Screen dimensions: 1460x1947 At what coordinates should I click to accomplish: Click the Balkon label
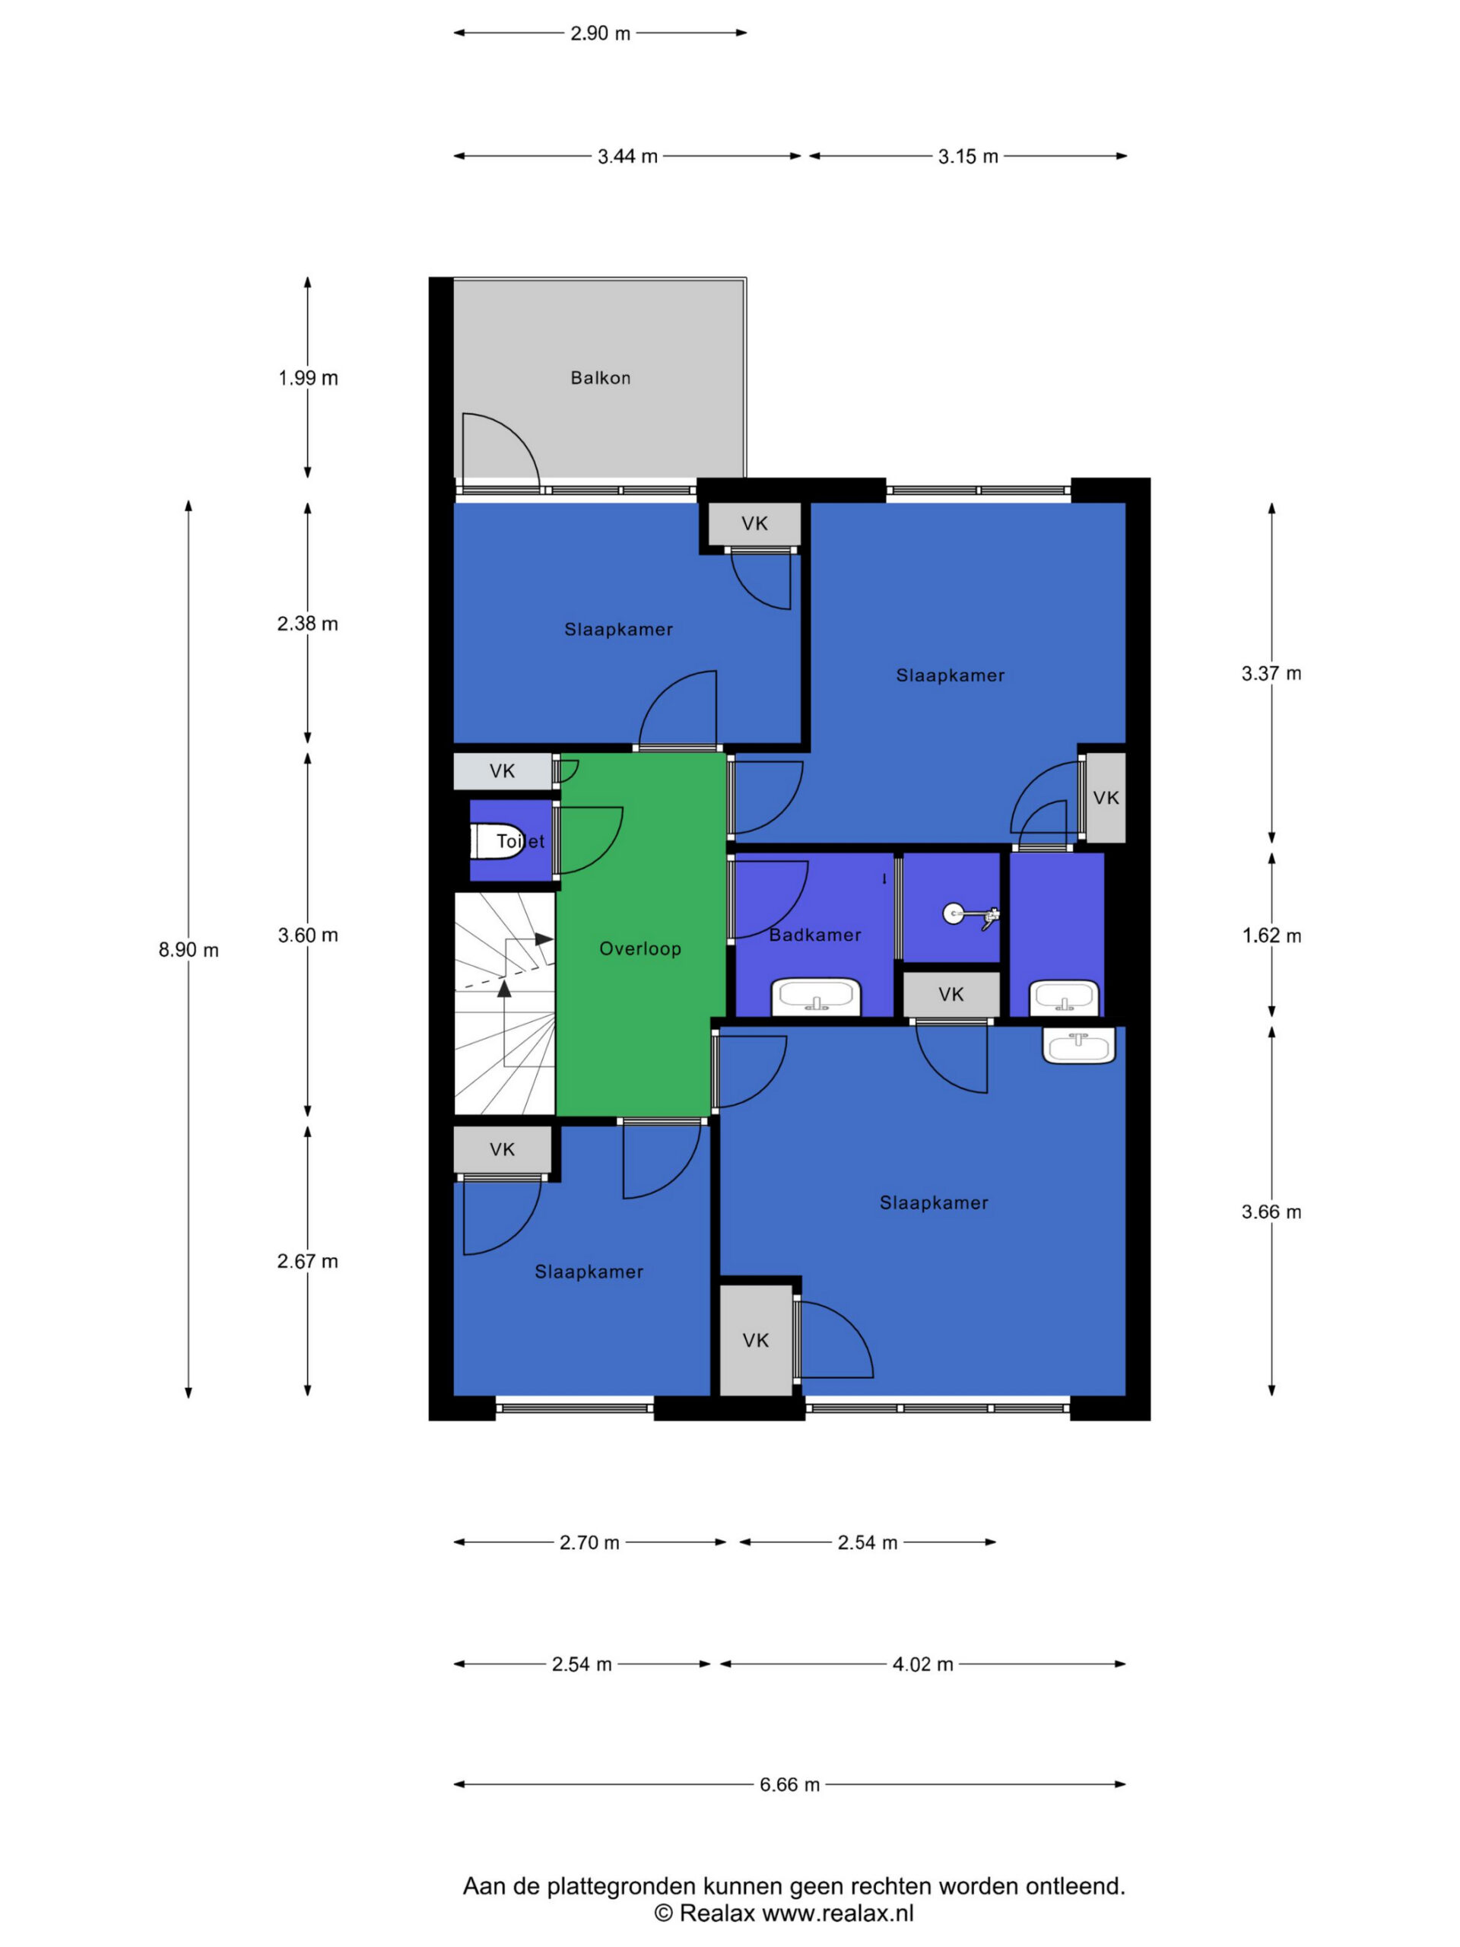[x=600, y=377]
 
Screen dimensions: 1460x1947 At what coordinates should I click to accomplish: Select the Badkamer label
[x=815, y=935]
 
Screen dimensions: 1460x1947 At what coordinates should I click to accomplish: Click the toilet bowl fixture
[x=498, y=840]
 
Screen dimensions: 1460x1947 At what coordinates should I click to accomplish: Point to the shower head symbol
[x=972, y=916]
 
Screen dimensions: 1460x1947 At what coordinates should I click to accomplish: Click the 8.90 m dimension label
[x=189, y=950]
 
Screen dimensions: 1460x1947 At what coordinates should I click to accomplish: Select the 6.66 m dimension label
[x=789, y=1784]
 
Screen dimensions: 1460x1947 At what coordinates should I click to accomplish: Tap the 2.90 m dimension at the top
[x=600, y=33]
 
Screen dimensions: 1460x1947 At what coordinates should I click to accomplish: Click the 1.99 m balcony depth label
[x=308, y=377]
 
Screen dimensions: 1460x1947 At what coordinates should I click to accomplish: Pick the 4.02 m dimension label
[x=923, y=1663]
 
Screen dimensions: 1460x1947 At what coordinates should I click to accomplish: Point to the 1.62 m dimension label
[x=1271, y=935]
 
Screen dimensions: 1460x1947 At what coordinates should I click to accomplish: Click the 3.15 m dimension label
[x=968, y=157]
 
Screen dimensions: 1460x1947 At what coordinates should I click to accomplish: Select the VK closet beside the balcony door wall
[x=755, y=524]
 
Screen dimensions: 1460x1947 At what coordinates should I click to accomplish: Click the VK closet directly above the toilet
[x=503, y=771]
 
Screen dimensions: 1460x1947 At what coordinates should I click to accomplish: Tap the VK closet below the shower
[x=951, y=994]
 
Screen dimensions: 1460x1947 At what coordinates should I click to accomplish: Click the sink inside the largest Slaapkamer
[x=1079, y=1046]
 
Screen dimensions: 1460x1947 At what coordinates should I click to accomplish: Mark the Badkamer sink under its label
[x=816, y=997]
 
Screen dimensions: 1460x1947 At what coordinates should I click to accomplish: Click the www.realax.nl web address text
[x=838, y=1912]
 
